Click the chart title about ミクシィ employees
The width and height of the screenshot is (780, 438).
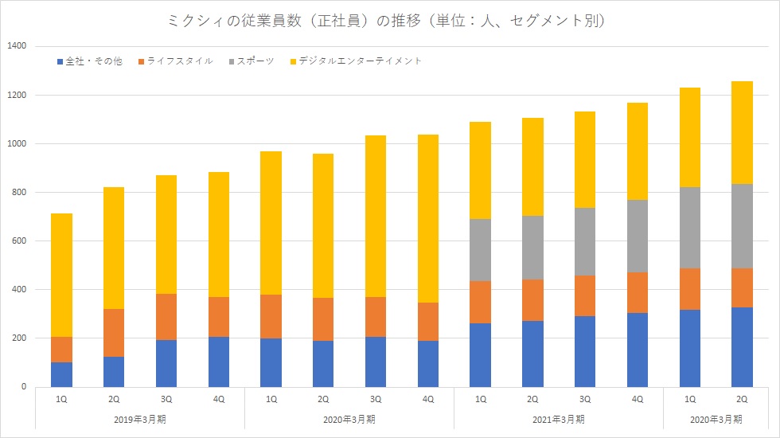(x=389, y=22)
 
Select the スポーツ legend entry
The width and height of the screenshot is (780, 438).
(x=255, y=61)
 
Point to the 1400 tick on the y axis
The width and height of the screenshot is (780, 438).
(x=17, y=47)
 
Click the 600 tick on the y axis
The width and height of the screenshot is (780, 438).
(x=19, y=241)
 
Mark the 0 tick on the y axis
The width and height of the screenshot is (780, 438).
(x=24, y=387)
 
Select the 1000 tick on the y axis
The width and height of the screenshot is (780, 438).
(x=17, y=144)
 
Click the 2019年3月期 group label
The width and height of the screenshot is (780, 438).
(x=139, y=419)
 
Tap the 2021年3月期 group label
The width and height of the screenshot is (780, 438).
(x=558, y=419)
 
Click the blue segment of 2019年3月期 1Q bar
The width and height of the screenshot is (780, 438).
(x=61, y=374)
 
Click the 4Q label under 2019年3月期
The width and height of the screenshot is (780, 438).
(x=218, y=398)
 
